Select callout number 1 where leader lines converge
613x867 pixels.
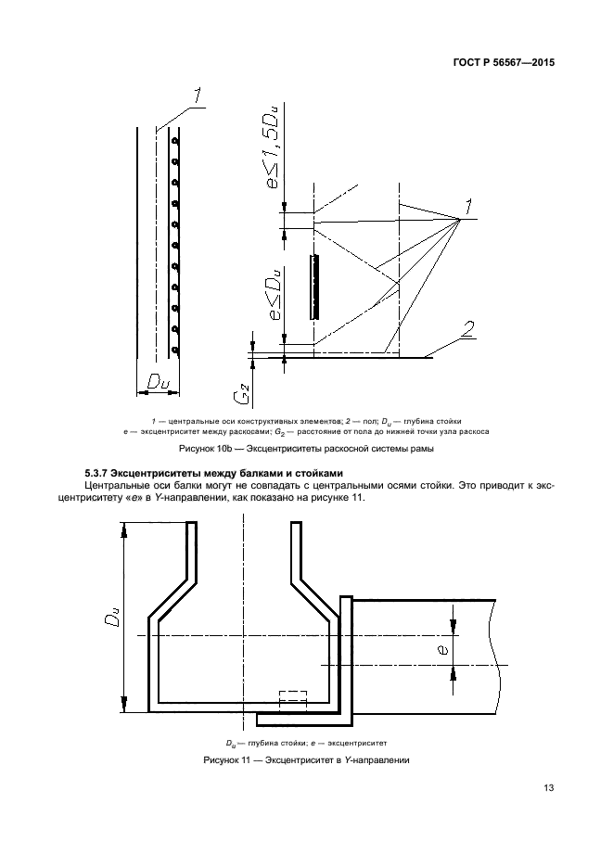pos(470,206)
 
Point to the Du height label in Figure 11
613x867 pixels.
pos(109,617)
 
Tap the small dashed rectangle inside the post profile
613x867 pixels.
pos(292,696)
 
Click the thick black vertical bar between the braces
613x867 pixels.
pos(315,287)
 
